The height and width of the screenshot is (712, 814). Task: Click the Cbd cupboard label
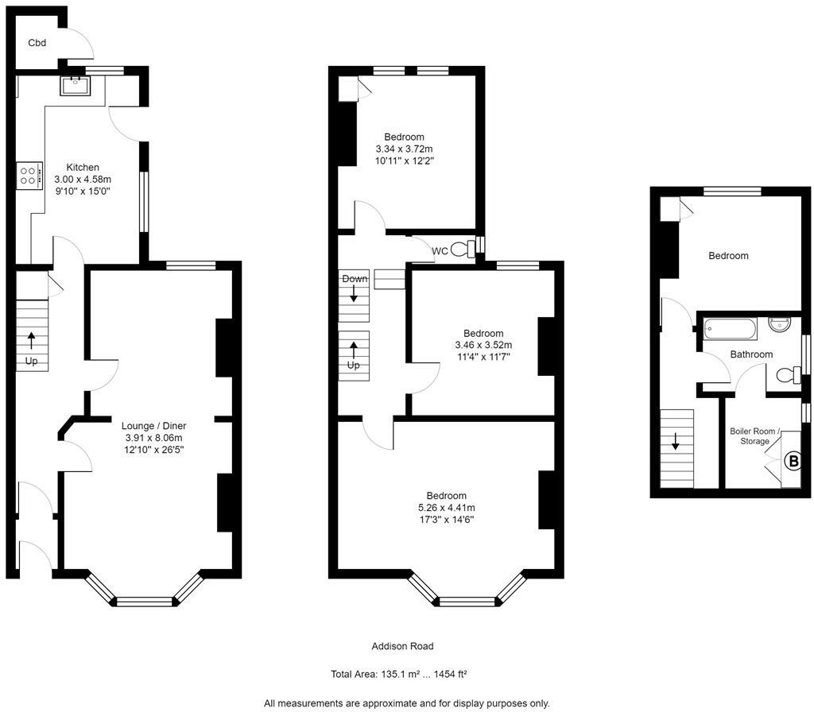pyautogui.click(x=37, y=43)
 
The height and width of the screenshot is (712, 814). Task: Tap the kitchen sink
pyautogui.click(x=73, y=84)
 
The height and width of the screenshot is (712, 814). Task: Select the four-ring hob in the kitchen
pyautogui.click(x=29, y=175)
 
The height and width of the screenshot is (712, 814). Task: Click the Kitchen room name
pyautogui.click(x=83, y=168)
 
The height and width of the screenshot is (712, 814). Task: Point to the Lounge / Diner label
pyautogui.click(x=153, y=426)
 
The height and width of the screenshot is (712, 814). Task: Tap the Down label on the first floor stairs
pyautogui.click(x=355, y=279)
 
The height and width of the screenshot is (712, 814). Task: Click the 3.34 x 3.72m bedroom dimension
pyautogui.click(x=404, y=149)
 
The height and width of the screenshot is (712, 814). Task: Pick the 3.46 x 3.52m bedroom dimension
pyautogui.click(x=483, y=345)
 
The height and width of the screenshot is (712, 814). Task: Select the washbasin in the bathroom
pyautogui.click(x=780, y=326)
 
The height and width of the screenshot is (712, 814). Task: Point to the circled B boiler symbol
pyautogui.click(x=793, y=460)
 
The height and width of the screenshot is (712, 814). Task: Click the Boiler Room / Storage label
pyautogui.click(x=754, y=436)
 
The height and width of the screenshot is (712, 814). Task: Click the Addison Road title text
pyautogui.click(x=402, y=646)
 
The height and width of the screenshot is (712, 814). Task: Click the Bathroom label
pyautogui.click(x=751, y=354)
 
